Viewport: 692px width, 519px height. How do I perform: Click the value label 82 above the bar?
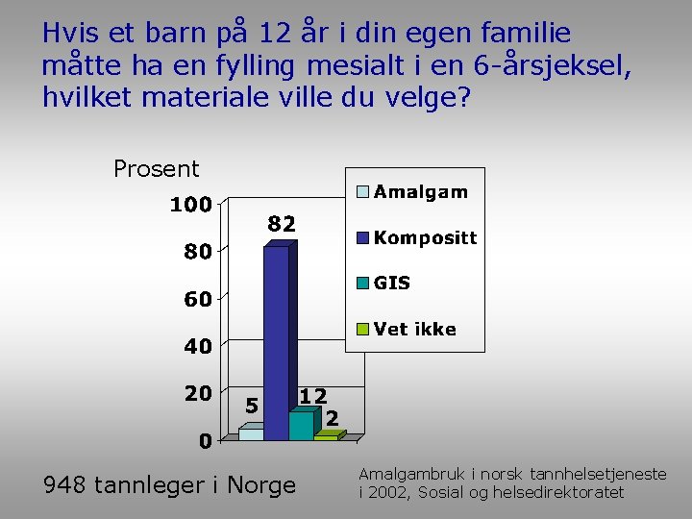281,223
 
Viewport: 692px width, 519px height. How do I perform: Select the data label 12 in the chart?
312,395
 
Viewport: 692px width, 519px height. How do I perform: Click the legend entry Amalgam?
420,191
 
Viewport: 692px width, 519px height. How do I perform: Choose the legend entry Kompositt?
425,237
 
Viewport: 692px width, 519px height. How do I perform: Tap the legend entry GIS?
391,283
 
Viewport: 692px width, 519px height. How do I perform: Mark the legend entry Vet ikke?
414,329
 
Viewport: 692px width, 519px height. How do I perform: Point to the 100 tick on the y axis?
191,205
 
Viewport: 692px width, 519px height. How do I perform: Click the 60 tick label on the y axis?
198,299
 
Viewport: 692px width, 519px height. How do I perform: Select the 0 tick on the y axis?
206,441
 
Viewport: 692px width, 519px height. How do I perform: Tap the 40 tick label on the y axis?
198,347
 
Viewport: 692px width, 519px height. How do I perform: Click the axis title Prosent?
156,169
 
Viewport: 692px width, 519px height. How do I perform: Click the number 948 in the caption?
66,485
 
